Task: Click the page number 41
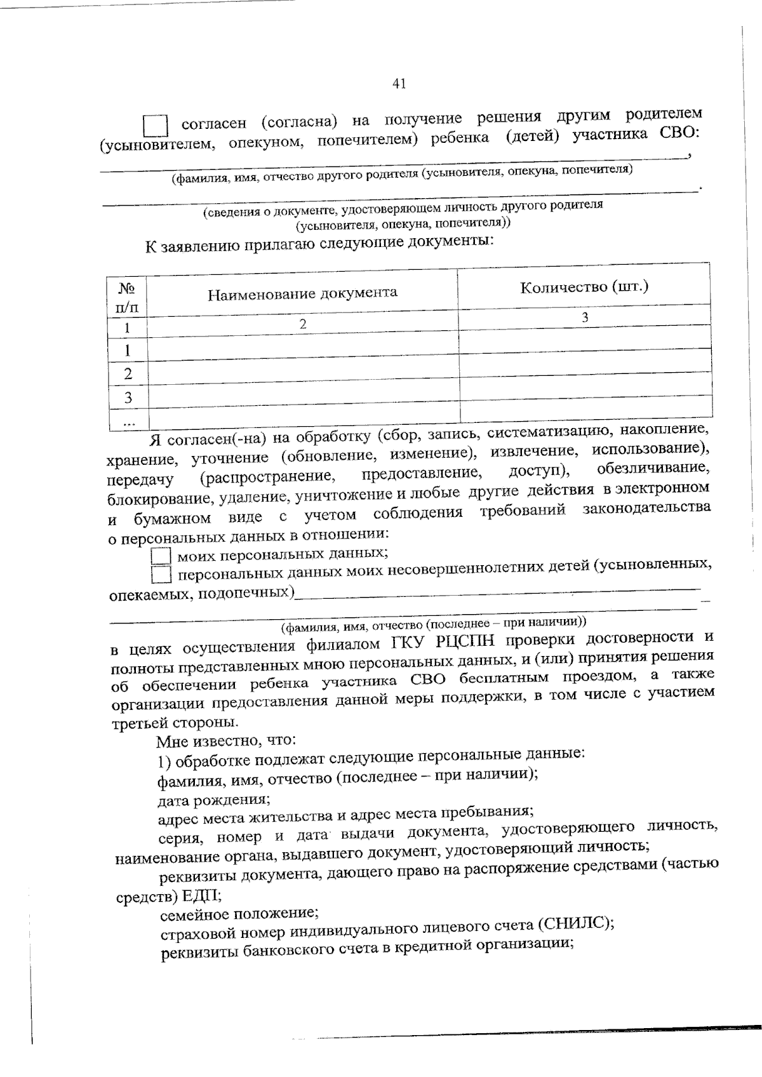pos(399,84)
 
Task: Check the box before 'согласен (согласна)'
pos(155,126)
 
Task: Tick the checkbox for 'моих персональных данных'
pos(161,556)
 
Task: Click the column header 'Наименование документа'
pos(303,293)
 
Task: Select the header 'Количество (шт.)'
pos(584,286)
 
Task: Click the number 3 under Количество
pos(585,317)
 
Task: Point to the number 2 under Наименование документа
pos(303,323)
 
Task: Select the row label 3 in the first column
pos(128,398)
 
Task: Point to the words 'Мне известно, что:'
pos(225,740)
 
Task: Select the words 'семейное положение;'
pos(239,914)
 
